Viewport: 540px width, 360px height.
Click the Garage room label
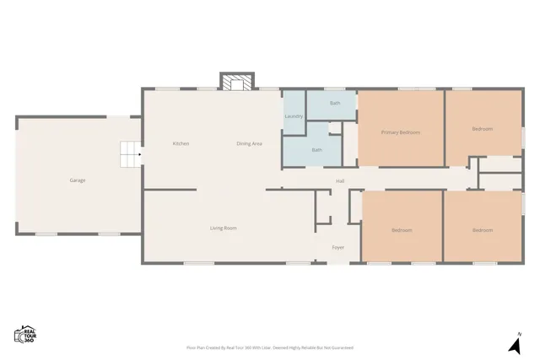click(x=77, y=180)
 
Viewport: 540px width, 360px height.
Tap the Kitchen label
click(x=181, y=143)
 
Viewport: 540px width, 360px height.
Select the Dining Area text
click(x=249, y=143)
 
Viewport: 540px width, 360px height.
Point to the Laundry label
click(x=294, y=116)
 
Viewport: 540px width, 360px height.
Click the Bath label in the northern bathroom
click(x=335, y=103)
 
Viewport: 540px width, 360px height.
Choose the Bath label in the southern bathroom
click(x=316, y=149)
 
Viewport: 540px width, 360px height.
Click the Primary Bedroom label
click(x=401, y=132)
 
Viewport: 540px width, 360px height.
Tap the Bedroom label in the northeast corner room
click(x=482, y=129)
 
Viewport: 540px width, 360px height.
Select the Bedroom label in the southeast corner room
click(x=482, y=230)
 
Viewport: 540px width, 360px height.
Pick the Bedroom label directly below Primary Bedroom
click(x=401, y=230)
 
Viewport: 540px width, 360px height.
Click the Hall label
click(x=340, y=180)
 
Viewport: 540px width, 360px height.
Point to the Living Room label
click(x=223, y=228)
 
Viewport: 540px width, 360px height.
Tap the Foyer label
click(x=337, y=247)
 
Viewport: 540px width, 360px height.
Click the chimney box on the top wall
click(x=236, y=81)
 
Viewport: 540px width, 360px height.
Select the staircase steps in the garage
click(x=128, y=154)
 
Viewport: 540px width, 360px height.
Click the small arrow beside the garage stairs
click(x=139, y=154)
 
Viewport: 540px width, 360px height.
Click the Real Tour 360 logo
click(x=24, y=334)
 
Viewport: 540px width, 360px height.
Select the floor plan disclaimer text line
click(x=269, y=347)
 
